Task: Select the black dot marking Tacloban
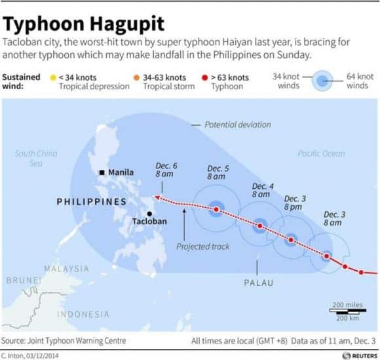[151, 214]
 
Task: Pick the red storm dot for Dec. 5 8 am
[216, 210]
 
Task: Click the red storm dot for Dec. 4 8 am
[260, 226]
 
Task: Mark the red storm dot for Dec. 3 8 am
[326, 256]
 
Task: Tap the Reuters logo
[359, 353]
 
